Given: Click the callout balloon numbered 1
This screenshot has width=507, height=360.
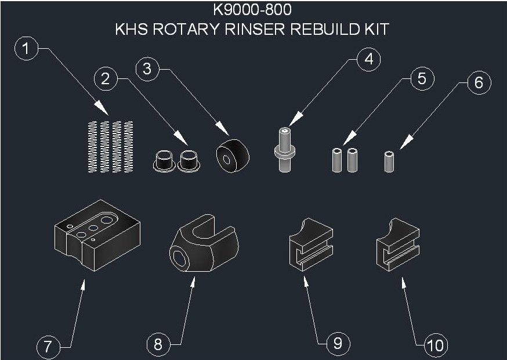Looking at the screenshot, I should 24,49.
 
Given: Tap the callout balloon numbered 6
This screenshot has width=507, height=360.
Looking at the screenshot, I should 478,82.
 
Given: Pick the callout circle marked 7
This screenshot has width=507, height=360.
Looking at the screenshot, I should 48,347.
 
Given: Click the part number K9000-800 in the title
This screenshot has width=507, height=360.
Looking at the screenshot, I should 252,10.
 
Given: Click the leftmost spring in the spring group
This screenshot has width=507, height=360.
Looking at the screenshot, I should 91,146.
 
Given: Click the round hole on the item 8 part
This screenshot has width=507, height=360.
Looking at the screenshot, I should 179,256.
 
